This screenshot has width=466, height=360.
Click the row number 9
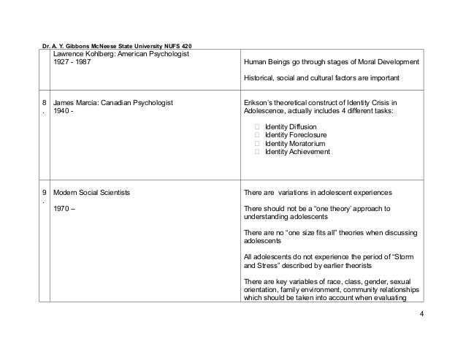(45, 193)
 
